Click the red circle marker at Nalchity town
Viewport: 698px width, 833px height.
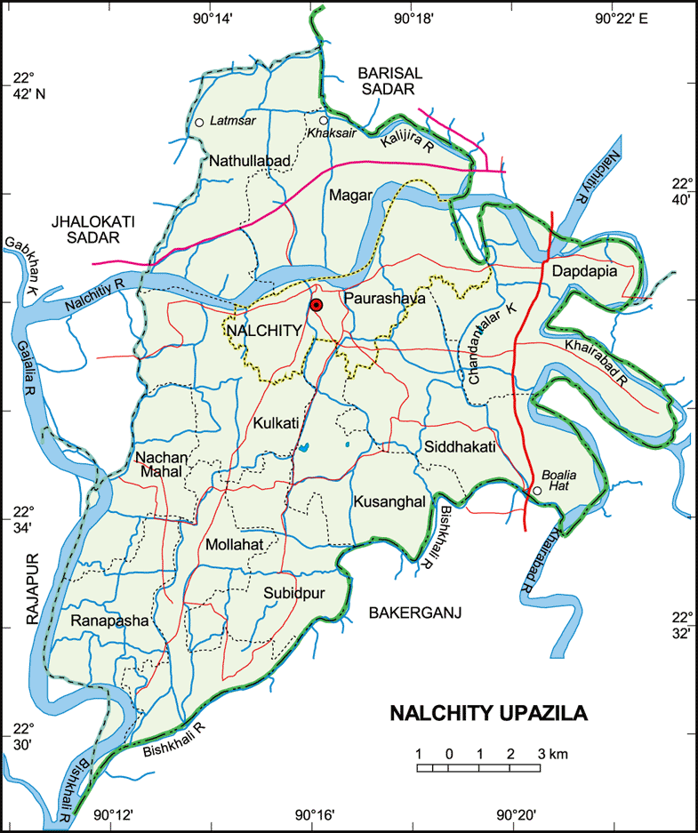click(x=316, y=305)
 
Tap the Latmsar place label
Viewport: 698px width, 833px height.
click(x=232, y=122)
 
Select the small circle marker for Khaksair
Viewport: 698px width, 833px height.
click(x=324, y=120)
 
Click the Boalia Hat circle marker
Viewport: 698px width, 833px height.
click(x=536, y=490)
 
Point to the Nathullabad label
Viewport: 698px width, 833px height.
click(x=250, y=160)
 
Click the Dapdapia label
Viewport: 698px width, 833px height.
click(x=584, y=271)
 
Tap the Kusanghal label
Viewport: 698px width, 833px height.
click(x=389, y=502)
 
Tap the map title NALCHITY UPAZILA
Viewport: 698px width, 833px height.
click(x=489, y=713)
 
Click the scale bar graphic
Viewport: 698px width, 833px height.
click(x=478, y=766)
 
